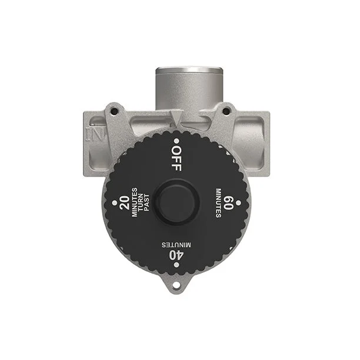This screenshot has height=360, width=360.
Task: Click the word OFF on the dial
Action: coord(176,159)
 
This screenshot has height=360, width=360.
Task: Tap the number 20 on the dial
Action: coord(125,203)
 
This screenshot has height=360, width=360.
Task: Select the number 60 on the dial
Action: coord(228,203)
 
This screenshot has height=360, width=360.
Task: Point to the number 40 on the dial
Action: coord(176,255)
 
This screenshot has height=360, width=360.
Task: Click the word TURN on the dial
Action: coord(141,203)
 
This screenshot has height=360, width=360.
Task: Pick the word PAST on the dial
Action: coord(146,203)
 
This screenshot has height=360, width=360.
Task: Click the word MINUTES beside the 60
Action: coord(219,203)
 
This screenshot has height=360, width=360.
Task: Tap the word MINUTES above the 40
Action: coord(176,245)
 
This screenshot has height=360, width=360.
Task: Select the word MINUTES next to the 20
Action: coord(134,202)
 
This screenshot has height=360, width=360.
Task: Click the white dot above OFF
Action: coord(176,141)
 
